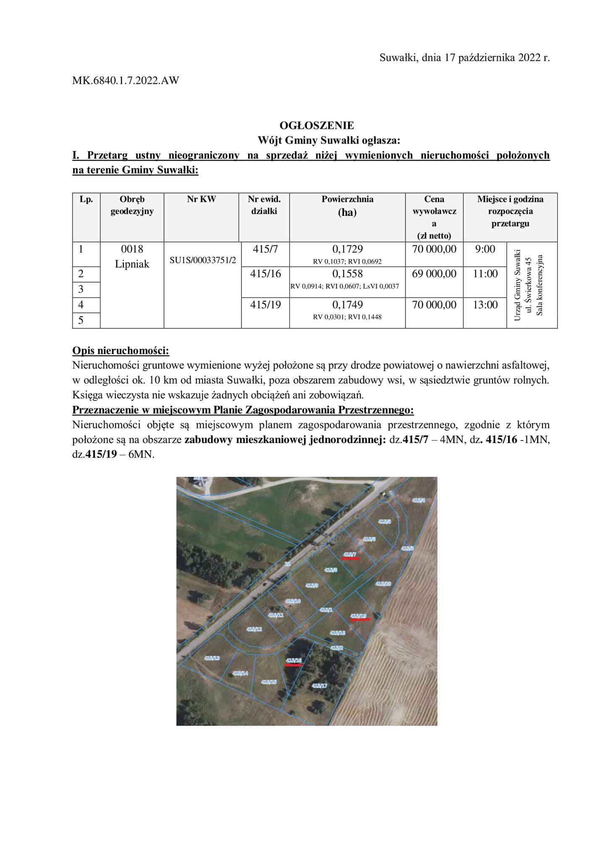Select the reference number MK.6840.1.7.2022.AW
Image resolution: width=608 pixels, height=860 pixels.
tap(126, 80)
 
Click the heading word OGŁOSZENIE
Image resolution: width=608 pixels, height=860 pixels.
tap(317, 125)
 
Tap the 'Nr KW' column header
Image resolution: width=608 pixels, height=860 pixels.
tap(201, 199)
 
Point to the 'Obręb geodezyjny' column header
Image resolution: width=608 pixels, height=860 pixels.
tap(132, 205)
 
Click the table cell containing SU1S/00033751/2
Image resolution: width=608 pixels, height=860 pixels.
tap(203, 260)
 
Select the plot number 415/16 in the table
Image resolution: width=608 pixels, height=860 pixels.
tap(265, 274)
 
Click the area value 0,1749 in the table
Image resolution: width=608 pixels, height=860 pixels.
tap(347, 304)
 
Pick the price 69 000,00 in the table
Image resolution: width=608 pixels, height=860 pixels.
tap(434, 274)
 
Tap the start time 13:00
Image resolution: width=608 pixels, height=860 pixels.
tap(485, 305)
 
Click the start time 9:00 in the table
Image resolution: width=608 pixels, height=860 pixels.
tap(485, 249)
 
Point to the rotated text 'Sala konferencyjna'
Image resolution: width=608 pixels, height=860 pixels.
tap(540, 285)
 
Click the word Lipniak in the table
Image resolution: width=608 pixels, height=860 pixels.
tap(132, 264)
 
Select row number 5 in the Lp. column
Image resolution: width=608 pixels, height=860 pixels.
tap(81, 320)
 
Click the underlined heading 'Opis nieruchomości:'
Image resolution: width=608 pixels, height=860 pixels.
tap(121, 350)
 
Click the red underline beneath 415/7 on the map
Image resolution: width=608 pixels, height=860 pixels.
tap(350, 559)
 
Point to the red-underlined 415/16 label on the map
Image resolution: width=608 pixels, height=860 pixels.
tap(294, 661)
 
